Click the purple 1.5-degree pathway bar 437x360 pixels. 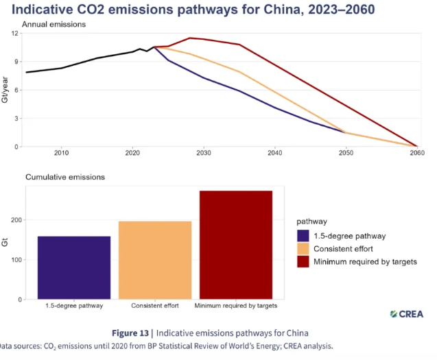[x=74, y=267]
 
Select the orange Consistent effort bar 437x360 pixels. [x=155, y=260]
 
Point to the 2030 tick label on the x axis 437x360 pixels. [x=204, y=154]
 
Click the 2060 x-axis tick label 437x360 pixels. [x=417, y=154]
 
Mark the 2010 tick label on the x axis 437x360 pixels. [x=62, y=154]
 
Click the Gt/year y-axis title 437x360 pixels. [x=5, y=90]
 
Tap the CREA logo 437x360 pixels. [x=406, y=314]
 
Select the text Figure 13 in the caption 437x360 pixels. [x=131, y=333]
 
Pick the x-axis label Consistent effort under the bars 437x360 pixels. [x=155, y=305]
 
